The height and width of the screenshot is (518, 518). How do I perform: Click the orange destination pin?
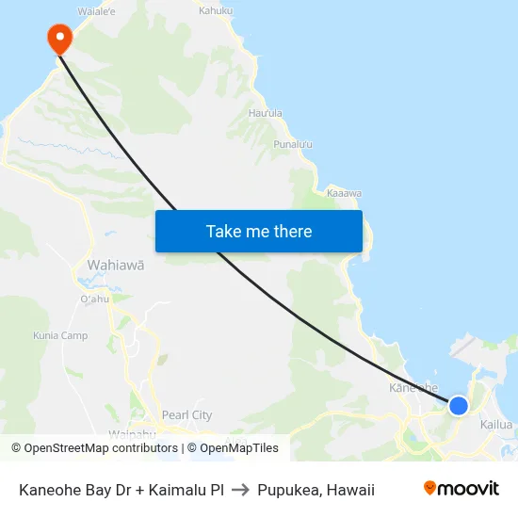(59, 38)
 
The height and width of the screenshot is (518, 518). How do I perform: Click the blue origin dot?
(458, 405)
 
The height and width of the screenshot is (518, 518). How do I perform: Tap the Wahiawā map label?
(116, 266)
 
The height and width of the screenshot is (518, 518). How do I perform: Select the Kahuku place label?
(217, 10)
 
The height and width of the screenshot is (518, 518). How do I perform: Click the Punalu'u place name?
(292, 144)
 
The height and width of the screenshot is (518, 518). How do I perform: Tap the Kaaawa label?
(344, 193)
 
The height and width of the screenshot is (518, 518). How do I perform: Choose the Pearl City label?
(186, 414)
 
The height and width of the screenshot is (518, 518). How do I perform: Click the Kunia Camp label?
(60, 335)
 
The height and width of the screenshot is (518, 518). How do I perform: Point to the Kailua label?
(496, 425)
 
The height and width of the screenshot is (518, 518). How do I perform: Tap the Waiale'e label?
(96, 11)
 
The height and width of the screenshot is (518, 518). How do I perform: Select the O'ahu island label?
(96, 299)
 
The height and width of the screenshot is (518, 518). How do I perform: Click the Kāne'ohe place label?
(413, 387)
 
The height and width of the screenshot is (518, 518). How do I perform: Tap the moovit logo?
(461, 488)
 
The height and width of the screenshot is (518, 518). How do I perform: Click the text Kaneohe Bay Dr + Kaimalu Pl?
(121, 490)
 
